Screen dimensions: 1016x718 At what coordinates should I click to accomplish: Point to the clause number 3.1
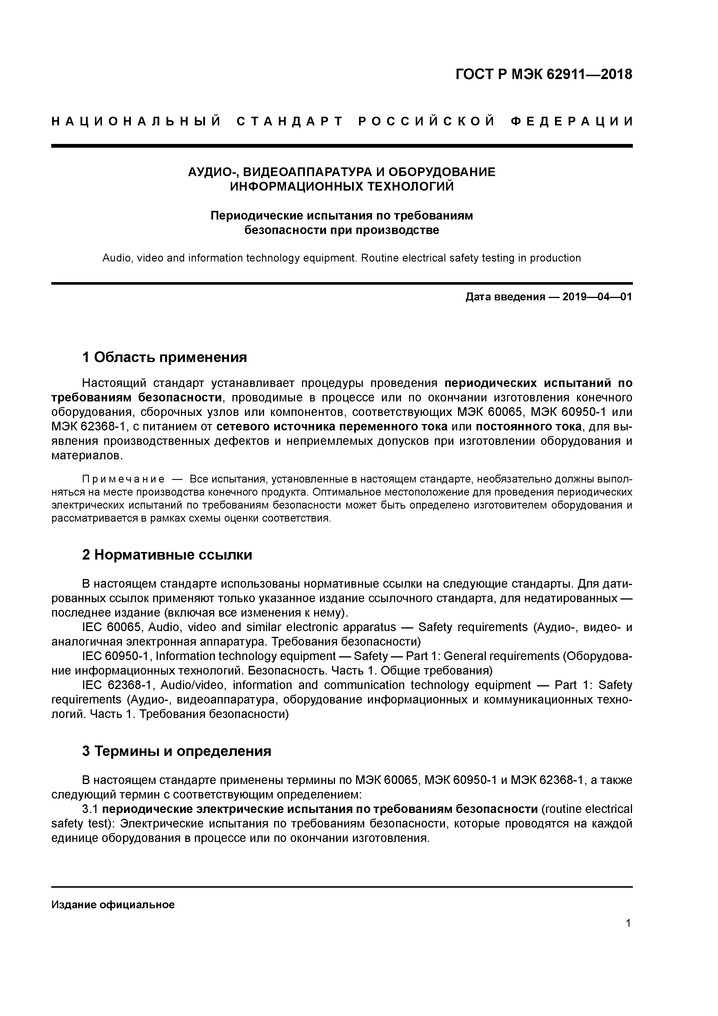point(90,809)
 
